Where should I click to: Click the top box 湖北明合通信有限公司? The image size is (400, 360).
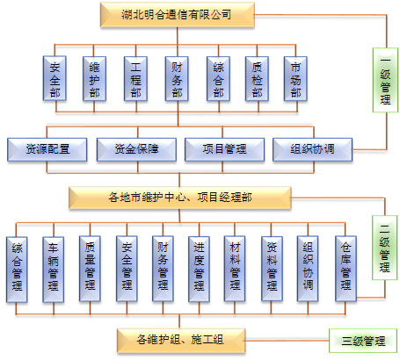[178, 15]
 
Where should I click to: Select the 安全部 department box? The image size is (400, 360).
[55, 78]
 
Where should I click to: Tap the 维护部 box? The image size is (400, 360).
[94, 78]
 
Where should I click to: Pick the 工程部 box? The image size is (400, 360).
[135, 78]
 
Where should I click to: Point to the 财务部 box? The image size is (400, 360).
[177, 78]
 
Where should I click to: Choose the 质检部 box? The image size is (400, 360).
[257, 78]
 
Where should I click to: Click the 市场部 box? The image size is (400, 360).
[295, 78]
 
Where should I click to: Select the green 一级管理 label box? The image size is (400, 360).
[385, 80]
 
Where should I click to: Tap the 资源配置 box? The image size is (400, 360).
[47, 149]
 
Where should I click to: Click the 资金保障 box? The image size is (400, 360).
[136, 149]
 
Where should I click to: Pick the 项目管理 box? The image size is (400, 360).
[224, 149]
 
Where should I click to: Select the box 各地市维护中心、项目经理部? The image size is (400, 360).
[180, 198]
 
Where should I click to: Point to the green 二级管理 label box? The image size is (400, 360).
[385, 248]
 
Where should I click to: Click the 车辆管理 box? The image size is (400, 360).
[54, 269]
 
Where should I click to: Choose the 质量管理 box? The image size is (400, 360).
[90, 269]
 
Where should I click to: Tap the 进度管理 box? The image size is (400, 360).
[199, 269]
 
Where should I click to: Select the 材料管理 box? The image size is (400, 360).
[235, 269]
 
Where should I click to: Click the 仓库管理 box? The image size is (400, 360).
[345, 269]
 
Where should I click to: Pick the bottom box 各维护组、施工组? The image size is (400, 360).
[181, 340]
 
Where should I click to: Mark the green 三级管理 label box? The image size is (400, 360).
[363, 341]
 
